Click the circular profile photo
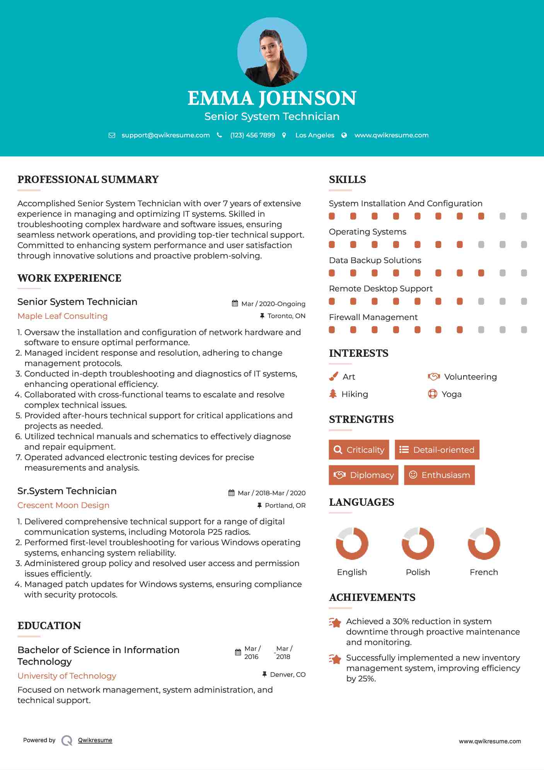tap(272, 52)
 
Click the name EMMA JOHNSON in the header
tap(272, 98)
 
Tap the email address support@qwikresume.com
tap(165, 135)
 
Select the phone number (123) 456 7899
tap(252, 135)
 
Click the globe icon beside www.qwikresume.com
tap(344, 135)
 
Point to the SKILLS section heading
tap(347, 180)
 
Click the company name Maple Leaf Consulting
tap(63, 316)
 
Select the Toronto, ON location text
tap(286, 316)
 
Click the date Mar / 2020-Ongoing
tap(273, 304)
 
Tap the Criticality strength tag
tap(359, 450)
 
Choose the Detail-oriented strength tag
tap(437, 450)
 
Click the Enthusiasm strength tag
tap(439, 475)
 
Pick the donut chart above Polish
tap(418, 543)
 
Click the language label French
tap(484, 572)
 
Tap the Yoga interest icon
tap(432, 394)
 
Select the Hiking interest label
tap(355, 394)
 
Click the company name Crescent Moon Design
tap(63, 505)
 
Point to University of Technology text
tap(67, 676)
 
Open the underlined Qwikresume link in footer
tap(95, 740)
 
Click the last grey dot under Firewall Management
tap(524, 330)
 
